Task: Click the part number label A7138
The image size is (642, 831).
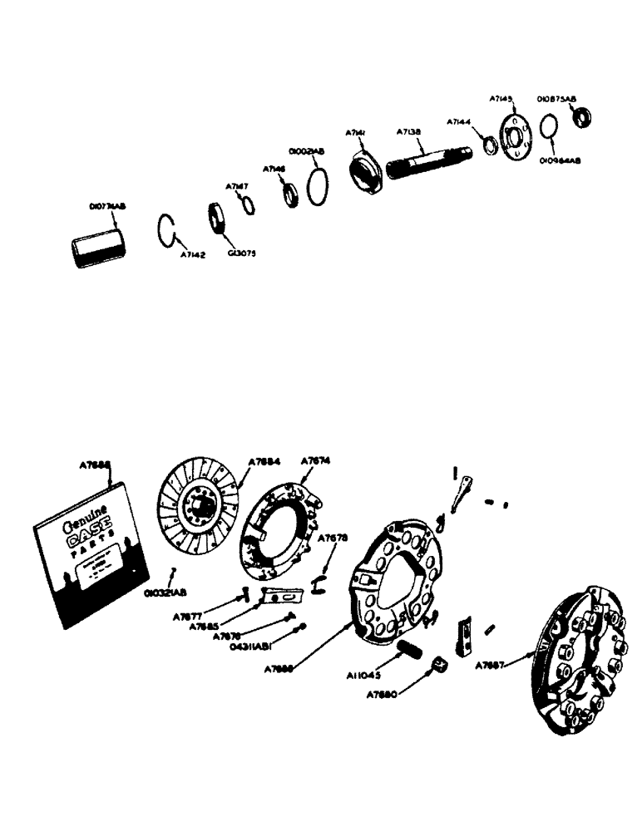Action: pyautogui.click(x=409, y=131)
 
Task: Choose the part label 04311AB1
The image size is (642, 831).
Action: pyautogui.click(x=254, y=644)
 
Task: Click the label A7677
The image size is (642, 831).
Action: pyautogui.click(x=187, y=616)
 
